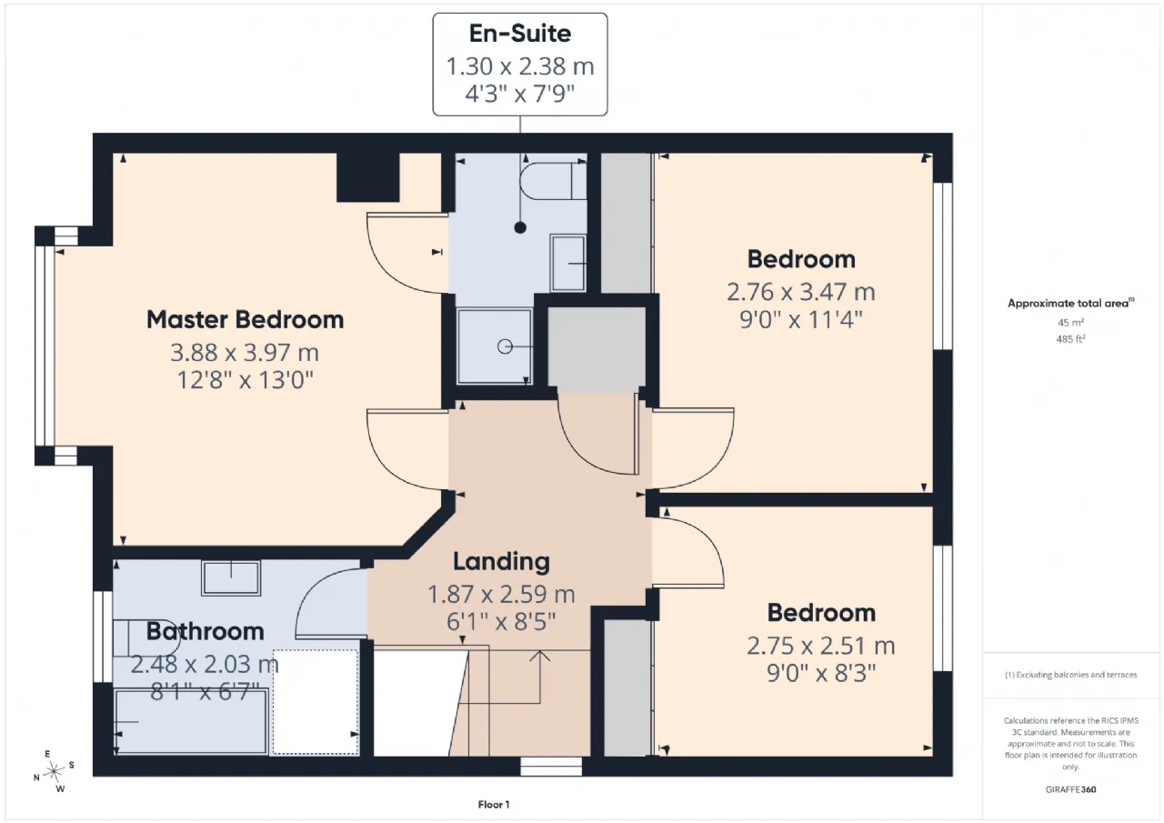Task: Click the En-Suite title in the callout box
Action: point(520,34)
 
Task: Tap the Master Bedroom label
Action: point(246,319)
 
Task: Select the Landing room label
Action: point(501,561)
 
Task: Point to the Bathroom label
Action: point(206,631)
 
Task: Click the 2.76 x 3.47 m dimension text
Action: point(801,292)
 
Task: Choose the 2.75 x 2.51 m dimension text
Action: point(821,646)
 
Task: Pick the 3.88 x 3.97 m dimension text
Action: point(245,353)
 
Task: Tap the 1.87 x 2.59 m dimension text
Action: point(501,595)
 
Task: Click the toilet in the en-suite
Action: point(553,180)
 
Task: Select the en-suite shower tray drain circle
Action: point(505,346)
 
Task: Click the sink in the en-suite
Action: point(568,263)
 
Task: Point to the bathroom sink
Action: point(231,577)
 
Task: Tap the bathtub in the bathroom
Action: point(190,721)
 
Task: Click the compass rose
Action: point(54,771)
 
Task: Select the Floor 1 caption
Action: point(494,805)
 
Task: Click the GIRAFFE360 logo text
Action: point(1070,789)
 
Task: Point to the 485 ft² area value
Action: point(1070,339)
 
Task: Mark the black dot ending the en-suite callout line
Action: point(520,227)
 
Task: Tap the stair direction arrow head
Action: point(540,656)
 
